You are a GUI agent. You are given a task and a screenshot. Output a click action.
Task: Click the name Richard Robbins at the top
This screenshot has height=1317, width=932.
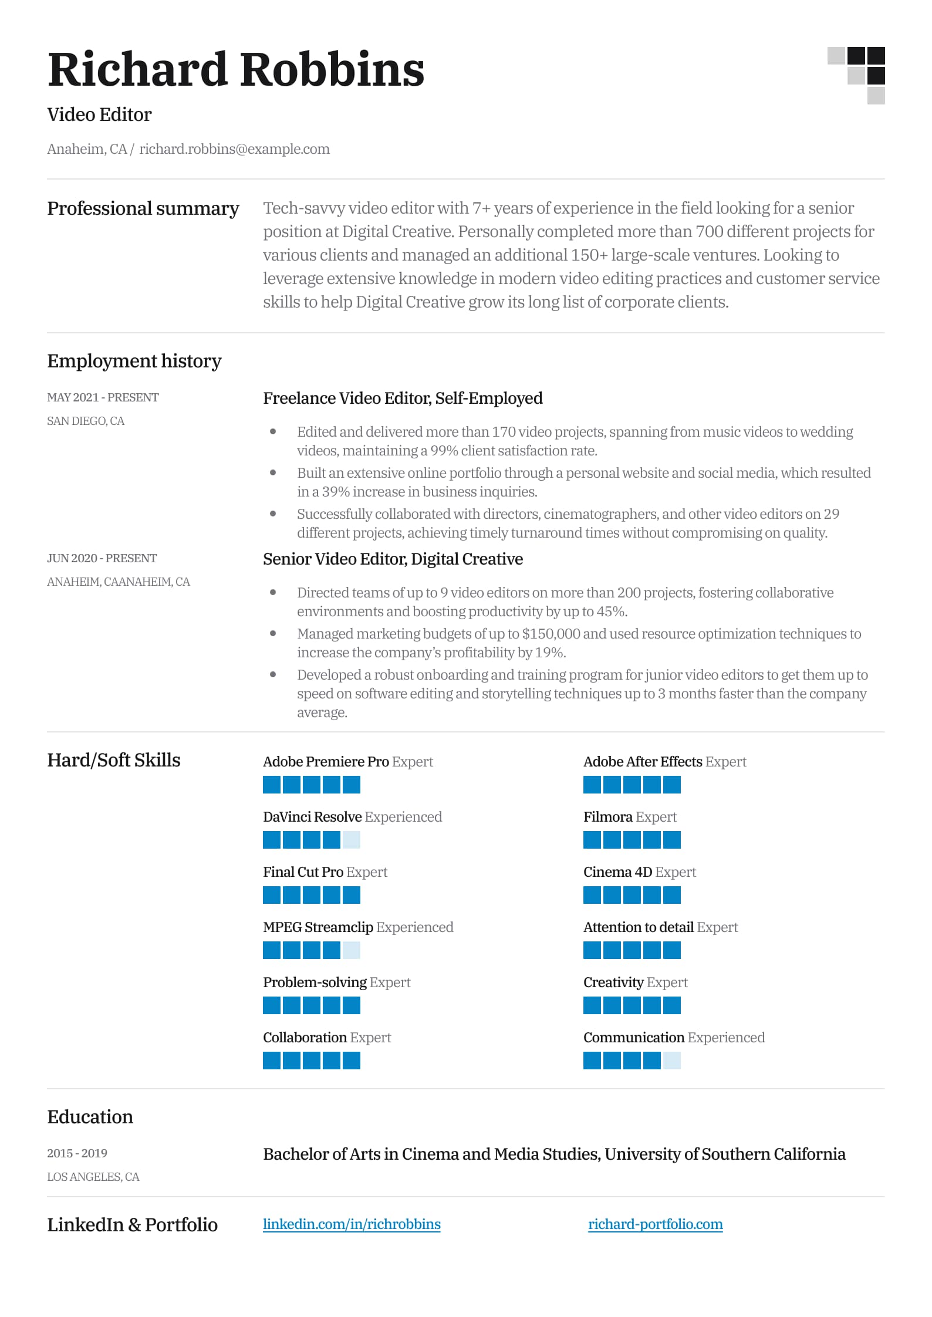pos(235,70)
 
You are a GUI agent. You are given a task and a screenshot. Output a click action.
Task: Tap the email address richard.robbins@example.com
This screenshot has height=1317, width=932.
pos(234,149)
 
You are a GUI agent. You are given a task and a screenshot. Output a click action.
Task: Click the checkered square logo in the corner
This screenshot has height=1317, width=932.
pos(856,75)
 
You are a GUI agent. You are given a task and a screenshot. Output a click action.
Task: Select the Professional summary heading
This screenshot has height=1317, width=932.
pos(143,208)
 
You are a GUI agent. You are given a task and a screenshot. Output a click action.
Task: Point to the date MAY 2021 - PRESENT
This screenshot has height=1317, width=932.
pos(103,397)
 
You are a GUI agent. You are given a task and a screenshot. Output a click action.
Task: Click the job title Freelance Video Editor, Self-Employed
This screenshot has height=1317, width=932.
pos(402,398)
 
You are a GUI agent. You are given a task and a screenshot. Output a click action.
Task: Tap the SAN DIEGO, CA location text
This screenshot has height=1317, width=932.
pos(86,421)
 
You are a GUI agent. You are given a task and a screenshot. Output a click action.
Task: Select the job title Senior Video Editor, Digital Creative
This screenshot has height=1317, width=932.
pos(393,559)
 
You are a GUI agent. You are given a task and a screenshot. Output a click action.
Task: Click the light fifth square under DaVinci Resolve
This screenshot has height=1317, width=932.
pos(351,840)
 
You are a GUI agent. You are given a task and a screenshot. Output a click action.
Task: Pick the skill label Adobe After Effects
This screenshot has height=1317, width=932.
pos(642,762)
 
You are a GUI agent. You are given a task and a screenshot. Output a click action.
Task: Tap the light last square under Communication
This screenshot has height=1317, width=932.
pos(671,1061)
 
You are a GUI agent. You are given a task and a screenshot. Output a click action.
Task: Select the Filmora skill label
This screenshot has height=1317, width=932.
pos(607,817)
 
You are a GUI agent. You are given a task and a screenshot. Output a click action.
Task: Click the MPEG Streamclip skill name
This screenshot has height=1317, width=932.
pos(318,927)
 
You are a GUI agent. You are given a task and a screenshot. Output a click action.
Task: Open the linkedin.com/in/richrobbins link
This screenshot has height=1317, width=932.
pos(352,1224)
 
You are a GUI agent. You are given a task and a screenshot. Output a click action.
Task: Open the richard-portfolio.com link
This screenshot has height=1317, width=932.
pos(655,1224)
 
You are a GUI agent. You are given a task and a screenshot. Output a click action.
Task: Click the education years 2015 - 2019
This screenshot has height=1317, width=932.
pos(77,1153)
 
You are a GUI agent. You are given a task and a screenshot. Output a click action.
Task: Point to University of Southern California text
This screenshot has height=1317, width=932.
pos(725,1154)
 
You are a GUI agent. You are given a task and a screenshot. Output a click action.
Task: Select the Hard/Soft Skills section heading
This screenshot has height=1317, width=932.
pos(113,760)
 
